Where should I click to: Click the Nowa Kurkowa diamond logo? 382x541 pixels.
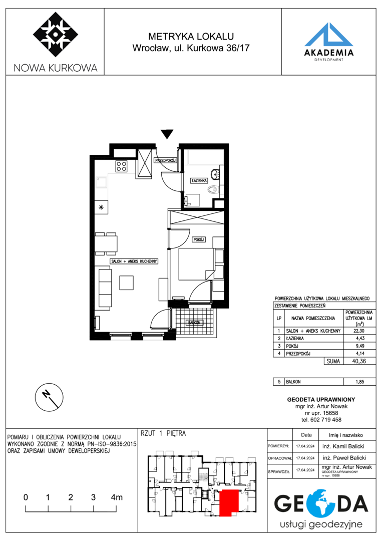[56, 35]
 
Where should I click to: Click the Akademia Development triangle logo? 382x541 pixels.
[329, 35]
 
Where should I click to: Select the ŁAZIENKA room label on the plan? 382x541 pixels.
[199, 180]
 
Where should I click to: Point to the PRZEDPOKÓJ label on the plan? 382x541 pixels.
[166, 160]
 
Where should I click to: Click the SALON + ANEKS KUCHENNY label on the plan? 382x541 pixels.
[134, 261]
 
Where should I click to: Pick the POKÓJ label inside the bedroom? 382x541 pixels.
[199, 239]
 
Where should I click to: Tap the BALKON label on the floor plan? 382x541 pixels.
[194, 323]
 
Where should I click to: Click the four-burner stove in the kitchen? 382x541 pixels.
[121, 166]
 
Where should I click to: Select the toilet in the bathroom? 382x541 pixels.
[213, 189]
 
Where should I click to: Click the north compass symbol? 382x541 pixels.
[49, 397]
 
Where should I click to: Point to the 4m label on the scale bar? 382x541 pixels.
[117, 497]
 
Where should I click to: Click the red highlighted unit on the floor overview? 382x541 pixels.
[229, 503]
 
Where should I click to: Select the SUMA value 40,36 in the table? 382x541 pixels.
[359, 361]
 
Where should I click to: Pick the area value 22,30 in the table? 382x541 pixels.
[359, 331]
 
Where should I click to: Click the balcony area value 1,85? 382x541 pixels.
[359, 382]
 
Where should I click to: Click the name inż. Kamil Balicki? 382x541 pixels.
[343, 446]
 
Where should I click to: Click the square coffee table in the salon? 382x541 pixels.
[126, 283]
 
